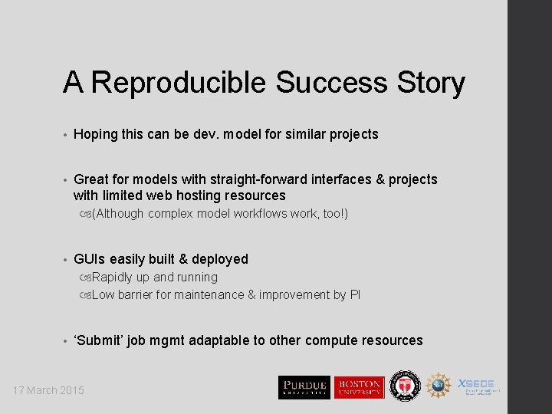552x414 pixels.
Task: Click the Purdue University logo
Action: tap(304, 387)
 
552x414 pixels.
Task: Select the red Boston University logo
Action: tap(359, 387)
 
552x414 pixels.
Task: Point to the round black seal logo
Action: tap(404, 386)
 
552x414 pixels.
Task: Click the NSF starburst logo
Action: tap(439, 386)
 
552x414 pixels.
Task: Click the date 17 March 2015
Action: tap(48, 390)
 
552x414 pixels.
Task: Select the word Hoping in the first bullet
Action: tap(96, 134)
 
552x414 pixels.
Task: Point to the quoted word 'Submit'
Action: tap(99, 340)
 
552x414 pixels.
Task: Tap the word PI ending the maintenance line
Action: tap(354, 294)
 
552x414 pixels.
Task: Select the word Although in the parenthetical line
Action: tap(120, 213)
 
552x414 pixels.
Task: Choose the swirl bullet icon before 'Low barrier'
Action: tap(84, 294)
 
